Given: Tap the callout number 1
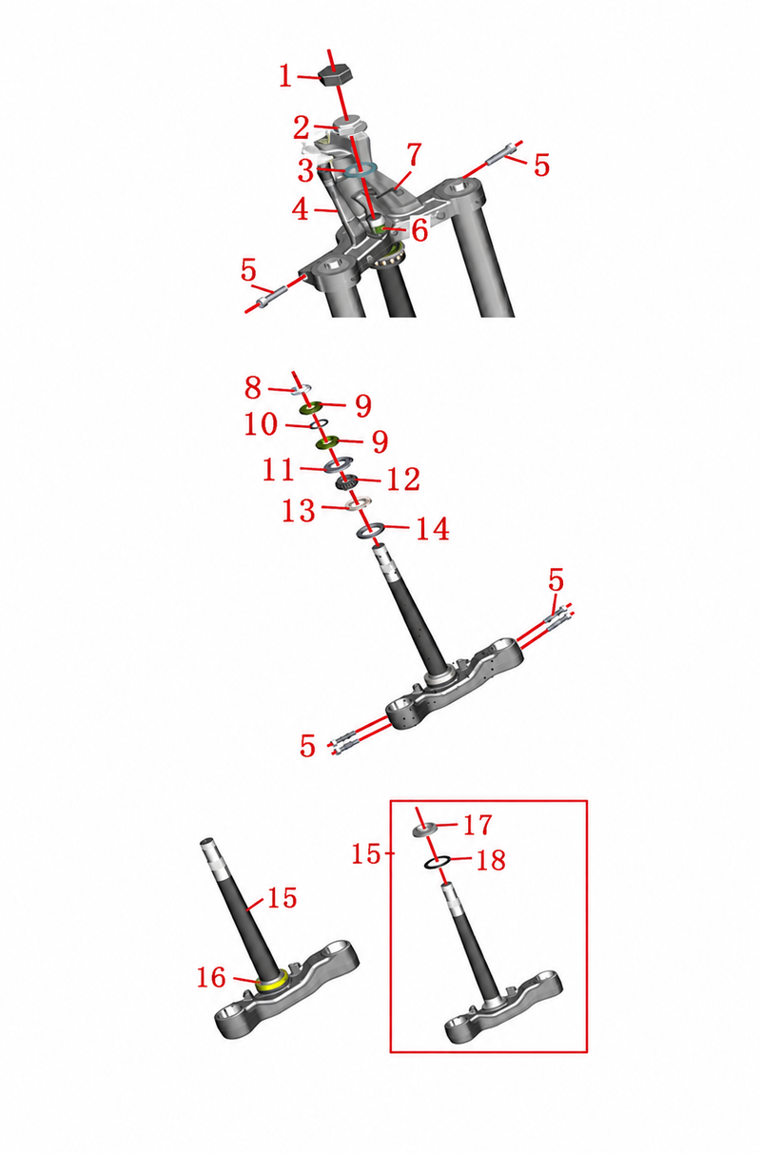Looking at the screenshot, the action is (x=286, y=77).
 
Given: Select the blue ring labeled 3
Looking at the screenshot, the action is (x=361, y=169).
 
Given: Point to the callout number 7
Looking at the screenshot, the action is (x=414, y=155).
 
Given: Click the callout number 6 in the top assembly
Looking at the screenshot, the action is (x=420, y=230).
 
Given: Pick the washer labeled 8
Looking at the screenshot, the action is (x=302, y=388).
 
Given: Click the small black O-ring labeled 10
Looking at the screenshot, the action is (x=319, y=423).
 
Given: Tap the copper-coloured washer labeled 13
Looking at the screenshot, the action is (x=359, y=503).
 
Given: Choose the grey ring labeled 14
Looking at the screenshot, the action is (x=371, y=530).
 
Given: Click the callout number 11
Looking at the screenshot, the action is (x=279, y=469).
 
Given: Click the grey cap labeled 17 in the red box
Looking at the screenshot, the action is (x=426, y=830).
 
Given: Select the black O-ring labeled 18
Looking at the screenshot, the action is (x=438, y=863).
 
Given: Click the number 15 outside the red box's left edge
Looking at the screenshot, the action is (x=366, y=854).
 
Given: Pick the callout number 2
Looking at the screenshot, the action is (x=302, y=127).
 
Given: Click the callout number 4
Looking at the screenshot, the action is (x=301, y=209).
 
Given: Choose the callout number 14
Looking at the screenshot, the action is (x=433, y=529).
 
